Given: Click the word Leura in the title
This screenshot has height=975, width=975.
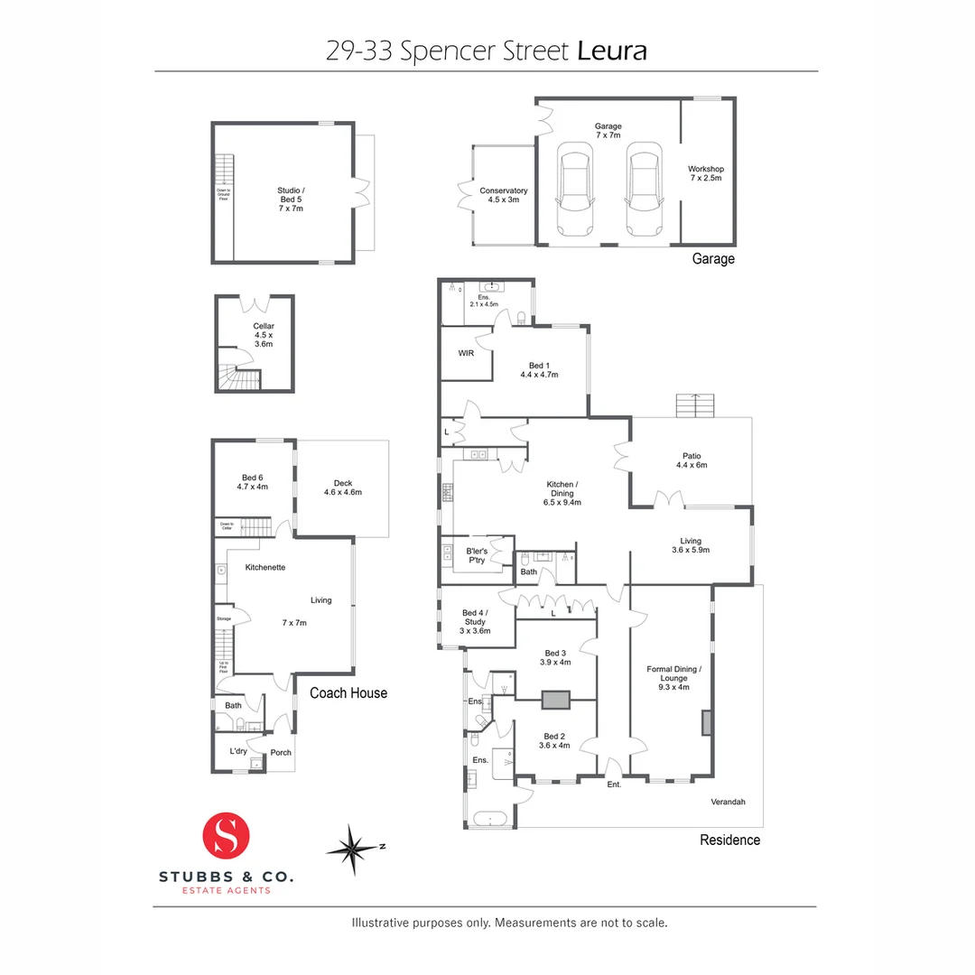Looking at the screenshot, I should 612,51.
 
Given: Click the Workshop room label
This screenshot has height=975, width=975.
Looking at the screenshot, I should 706,173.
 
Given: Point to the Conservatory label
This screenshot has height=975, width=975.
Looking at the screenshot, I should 503,195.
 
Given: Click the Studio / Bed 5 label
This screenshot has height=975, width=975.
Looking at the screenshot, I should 291,199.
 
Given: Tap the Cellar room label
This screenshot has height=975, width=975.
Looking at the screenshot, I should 263,336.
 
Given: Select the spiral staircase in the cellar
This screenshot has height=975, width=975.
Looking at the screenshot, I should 237,373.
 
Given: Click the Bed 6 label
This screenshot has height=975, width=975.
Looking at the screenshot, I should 252,482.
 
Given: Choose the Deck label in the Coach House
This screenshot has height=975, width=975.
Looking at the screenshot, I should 342,487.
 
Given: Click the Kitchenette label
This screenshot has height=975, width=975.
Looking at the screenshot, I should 265,567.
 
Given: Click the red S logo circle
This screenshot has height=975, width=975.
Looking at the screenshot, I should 226,835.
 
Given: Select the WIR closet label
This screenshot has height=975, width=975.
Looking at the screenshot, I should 466,353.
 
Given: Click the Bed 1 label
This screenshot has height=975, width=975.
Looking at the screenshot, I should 539,369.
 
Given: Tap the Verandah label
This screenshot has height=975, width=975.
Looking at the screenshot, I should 727,802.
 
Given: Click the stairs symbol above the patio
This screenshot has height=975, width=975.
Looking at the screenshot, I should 694,405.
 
